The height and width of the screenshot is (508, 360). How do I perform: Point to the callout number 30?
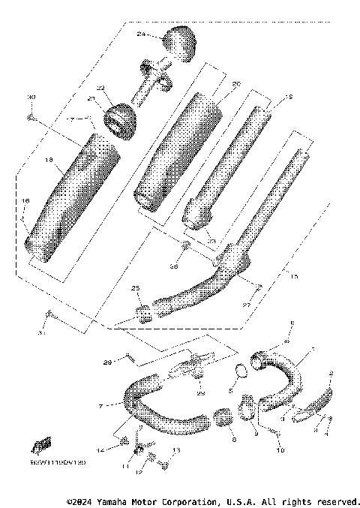pos(31,97)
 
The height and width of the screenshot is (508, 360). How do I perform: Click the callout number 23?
pos(212,241)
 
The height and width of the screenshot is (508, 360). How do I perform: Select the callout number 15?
pos(293,277)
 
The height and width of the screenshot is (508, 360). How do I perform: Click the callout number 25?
pos(136,288)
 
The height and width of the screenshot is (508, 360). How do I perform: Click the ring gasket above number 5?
pos(239,370)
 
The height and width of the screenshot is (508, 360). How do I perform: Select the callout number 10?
pos(281,450)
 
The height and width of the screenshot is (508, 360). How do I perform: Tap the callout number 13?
pos(177,451)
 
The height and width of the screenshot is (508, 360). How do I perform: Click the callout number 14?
pos(103,448)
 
